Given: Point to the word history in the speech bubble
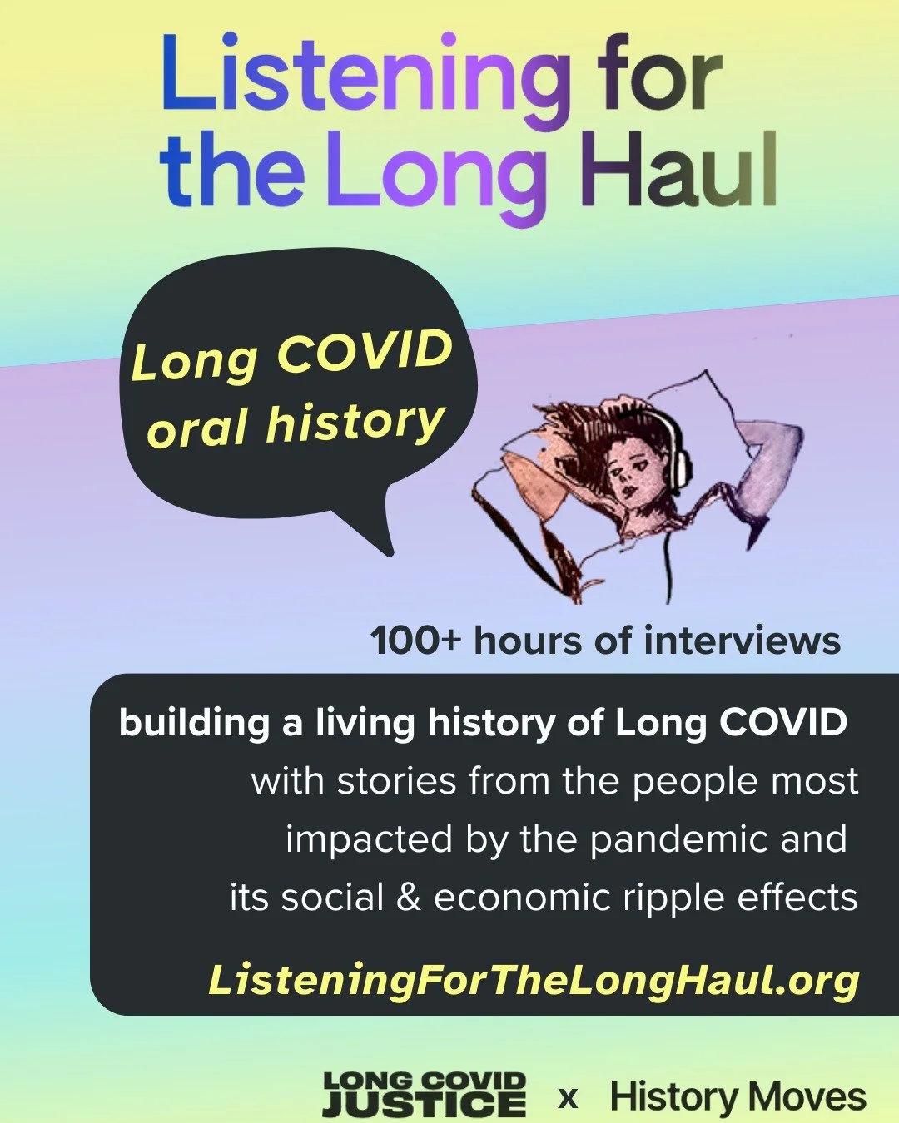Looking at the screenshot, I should click(x=354, y=422).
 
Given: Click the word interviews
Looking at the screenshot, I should click(x=742, y=641).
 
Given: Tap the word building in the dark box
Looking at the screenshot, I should click(x=194, y=723).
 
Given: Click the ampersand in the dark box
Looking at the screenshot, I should click(x=409, y=898).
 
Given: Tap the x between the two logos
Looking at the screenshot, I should click(x=568, y=1097).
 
